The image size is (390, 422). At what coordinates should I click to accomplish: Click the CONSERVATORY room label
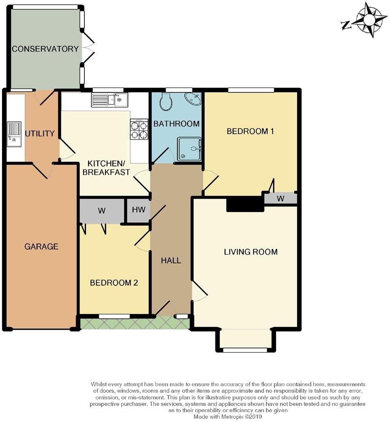45,49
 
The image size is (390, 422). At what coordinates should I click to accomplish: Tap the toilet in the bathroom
166,102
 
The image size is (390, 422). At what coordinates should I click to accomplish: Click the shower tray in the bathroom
189,149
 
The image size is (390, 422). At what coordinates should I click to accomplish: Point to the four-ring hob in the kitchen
139,129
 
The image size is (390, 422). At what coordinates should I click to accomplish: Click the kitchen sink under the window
110,100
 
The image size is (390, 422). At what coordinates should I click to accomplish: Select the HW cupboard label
139,210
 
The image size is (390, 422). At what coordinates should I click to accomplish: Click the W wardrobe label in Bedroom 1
280,198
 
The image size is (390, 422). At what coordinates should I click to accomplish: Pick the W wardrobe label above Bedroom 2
102,211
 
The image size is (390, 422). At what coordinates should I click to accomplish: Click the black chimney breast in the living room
245,204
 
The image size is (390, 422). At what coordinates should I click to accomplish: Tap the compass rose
368,19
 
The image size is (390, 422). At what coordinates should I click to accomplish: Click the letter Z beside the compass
346,25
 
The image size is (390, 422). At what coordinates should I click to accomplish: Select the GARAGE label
41,247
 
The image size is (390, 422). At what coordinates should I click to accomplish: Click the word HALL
171,261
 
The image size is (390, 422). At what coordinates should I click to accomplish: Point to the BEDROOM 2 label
114,283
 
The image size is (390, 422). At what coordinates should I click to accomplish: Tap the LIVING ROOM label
250,252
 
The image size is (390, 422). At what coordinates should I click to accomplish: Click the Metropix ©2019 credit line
228,417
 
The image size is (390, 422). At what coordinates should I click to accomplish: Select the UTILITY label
40,133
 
